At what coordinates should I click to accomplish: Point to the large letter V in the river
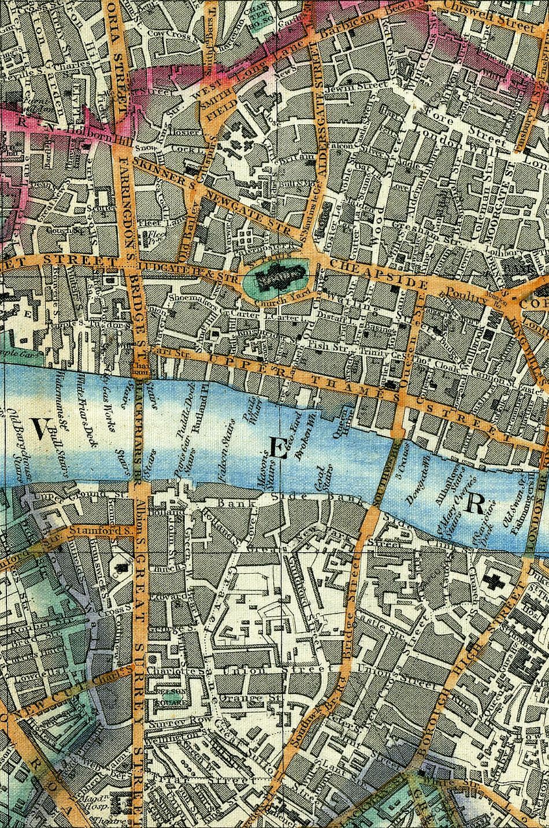point(39,430)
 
